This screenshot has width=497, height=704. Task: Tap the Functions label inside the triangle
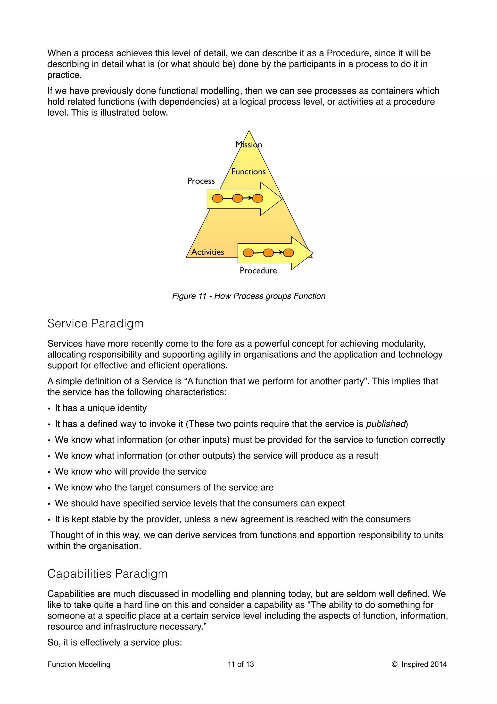click(x=248, y=172)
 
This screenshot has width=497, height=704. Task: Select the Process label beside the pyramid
click(x=201, y=181)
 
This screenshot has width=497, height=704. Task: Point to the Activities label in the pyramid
click(x=208, y=252)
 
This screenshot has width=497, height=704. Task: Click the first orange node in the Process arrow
click(x=217, y=199)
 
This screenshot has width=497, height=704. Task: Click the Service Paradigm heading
click(x=95, y=324)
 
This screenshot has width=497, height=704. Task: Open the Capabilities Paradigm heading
click(x=107, y=574)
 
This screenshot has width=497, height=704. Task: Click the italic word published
click(x=386, y=424)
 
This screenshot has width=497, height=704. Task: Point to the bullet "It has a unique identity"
click(x=101, y=408)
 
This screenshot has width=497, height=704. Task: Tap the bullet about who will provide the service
click(x=131, y=472)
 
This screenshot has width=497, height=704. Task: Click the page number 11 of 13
click(x=241, y=664)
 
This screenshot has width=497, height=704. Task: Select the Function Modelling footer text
click(x=79, y=664)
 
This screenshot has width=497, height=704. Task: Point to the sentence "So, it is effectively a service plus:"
click(x=115, y=642)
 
